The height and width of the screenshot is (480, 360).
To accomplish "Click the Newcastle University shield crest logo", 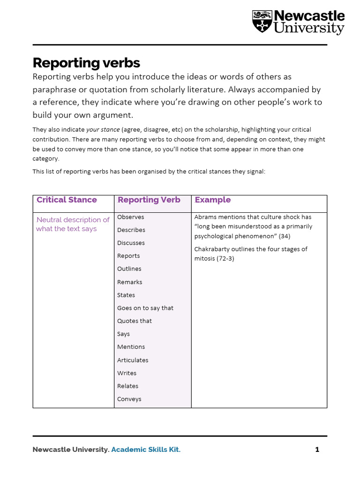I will click(x=262, y=22).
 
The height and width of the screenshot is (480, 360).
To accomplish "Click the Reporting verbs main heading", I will click(x=86, y=63).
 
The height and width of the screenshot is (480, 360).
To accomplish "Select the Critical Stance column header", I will click(x=67, y=200).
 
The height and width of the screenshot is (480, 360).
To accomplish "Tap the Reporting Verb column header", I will click(x=149, y=200).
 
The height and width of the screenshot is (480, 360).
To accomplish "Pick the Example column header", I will click(x=213, y=200).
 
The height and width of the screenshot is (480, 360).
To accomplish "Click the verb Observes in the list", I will click(x=131, y=217).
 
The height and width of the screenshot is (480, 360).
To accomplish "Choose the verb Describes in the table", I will click(x=131, y=230).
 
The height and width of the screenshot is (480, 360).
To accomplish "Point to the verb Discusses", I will click(x=131, y=243).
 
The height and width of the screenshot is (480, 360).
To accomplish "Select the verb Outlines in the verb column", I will click(x=129, y=269).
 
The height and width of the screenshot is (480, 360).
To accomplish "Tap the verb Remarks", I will click(x=130, y=282).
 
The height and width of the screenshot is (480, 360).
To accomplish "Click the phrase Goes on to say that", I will click(x=145, y=308).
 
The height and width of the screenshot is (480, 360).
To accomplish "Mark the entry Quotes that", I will click(x=135, y=321).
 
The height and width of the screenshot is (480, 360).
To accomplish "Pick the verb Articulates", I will click(x=133, y=360).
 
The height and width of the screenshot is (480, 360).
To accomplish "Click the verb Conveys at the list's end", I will click(x=129, y=399).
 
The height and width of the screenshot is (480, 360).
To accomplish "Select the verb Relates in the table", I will click(x=128, y=386).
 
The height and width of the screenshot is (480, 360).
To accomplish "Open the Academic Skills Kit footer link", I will click(x=145, y=450).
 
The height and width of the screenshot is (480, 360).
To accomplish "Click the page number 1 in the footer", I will click(x=317, y=450).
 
